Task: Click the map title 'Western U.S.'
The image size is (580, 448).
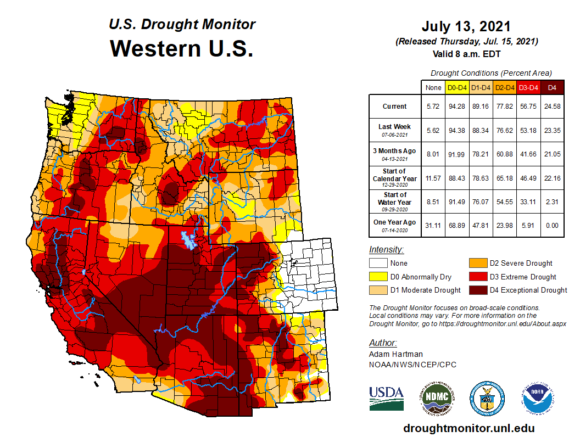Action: point(182,48)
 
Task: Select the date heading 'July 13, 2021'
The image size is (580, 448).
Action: point(466,26)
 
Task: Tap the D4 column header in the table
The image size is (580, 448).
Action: point(552,87)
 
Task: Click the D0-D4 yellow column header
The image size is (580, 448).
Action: point(457,87)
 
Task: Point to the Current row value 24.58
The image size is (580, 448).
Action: point(552,107)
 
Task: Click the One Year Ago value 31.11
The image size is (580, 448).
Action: point(433,226)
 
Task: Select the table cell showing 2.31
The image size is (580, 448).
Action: point(552,201)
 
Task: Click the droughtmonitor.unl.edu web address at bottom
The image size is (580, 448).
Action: point(469,428)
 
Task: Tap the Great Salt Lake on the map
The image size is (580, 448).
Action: point(190,239)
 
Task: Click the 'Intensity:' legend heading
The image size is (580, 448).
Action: point(387,249)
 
